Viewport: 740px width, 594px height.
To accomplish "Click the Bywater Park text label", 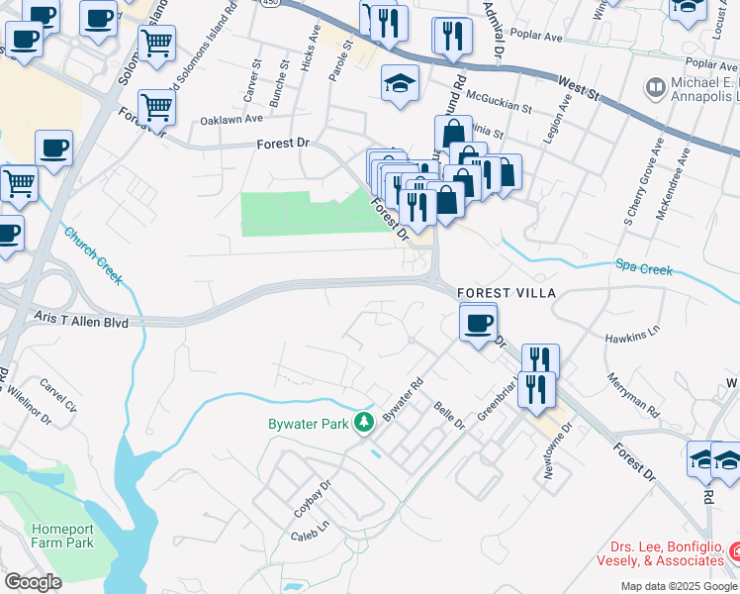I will tap(311, 424).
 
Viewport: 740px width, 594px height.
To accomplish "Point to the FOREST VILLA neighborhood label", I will tap(507, 294).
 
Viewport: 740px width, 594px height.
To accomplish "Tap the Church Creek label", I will tap(93, 256).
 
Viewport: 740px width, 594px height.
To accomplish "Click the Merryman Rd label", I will tap(633, 393).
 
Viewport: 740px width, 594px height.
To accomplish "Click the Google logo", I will tap(33, 582).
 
